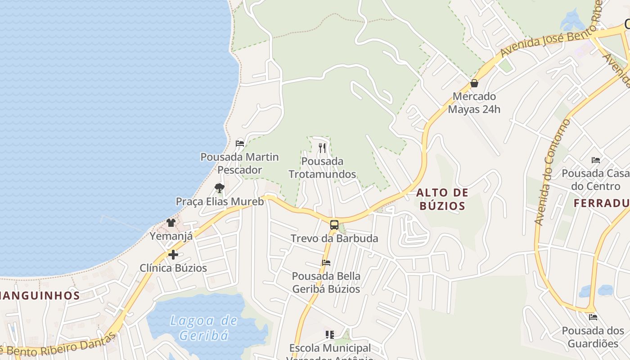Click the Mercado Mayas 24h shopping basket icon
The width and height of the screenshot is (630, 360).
(474, 83)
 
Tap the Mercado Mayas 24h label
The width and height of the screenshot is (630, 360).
(474, 103)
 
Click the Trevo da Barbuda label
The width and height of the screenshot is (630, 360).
(334, 238)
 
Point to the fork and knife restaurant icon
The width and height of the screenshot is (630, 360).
(322, 148)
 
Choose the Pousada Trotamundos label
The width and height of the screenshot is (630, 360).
(322, 167)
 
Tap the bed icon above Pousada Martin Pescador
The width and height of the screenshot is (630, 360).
(240, 144)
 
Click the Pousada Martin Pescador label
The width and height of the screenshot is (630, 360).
(239, 163)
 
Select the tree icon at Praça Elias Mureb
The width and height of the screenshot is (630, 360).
(220, 188)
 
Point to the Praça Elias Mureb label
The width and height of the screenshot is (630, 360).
(220, 201)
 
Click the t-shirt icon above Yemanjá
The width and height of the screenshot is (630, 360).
(171, 222)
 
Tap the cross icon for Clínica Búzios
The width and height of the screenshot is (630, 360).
(173, 255)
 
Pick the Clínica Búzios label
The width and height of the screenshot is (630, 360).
(173, 268)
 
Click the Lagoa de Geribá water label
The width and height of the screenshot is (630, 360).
(204, 328)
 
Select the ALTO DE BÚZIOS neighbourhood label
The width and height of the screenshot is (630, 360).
(442, 199)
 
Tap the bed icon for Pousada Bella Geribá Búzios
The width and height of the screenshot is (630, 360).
(326, 262)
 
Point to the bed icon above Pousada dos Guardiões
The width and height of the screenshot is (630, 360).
(593, 317)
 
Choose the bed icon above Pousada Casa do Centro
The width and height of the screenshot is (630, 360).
(596, 160)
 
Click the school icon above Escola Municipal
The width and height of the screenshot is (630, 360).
(330, 334)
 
